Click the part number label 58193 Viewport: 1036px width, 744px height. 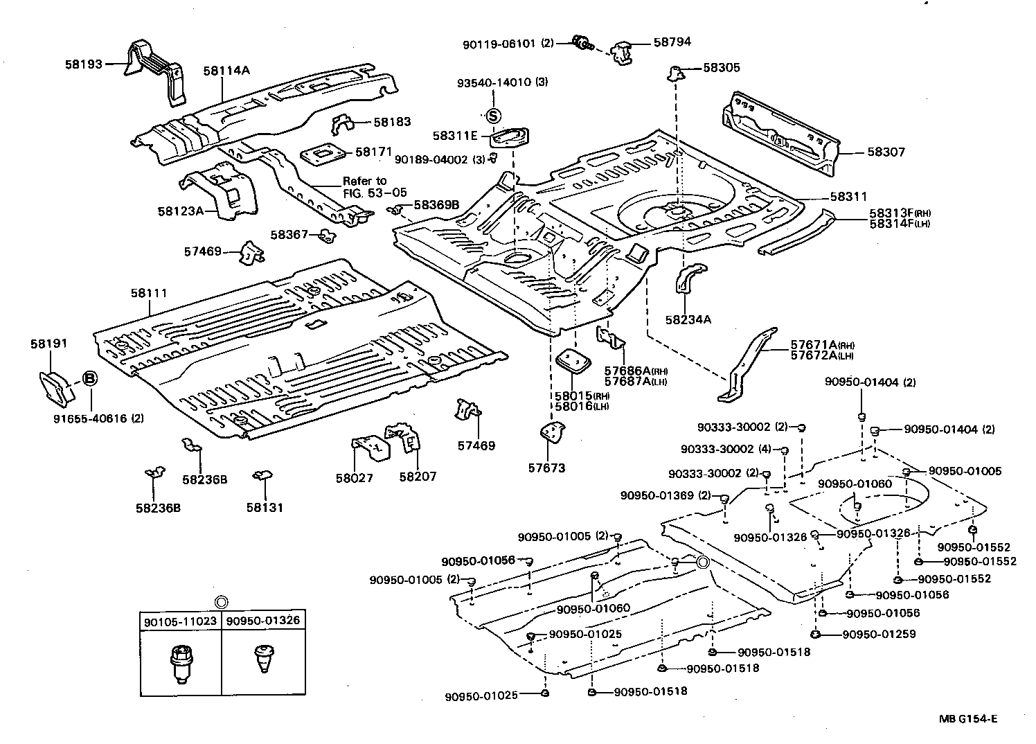[83, 64]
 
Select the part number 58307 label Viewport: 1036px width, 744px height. [886, 152]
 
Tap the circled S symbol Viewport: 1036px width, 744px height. [493, 116]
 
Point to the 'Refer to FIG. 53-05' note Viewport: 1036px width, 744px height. [375, 187]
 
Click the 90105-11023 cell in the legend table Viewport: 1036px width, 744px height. [181, 621]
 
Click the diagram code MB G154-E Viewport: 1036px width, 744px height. [968, 719]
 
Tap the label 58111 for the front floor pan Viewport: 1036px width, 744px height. [148, 293]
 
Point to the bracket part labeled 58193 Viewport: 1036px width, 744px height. [154, 69]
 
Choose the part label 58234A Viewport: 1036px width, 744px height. [688, 319]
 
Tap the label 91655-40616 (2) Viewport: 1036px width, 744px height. [98, 418]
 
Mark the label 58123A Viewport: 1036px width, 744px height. [180, 211]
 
